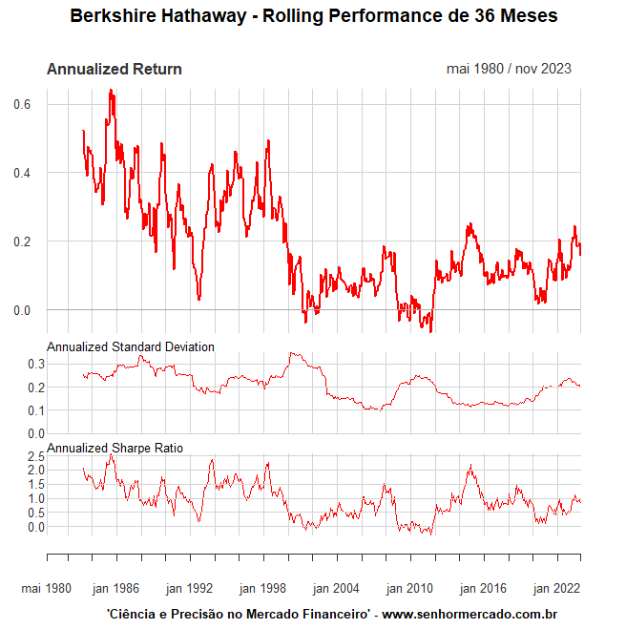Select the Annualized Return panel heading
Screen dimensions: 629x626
click(x=114, y=69)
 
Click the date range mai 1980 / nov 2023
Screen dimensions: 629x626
click(x=509, y=69)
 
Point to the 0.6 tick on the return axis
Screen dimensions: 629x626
click(x=22, y=104)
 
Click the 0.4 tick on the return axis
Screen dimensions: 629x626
click(x=22, y=173)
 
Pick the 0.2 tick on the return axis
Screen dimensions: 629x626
click(x=22, y=241)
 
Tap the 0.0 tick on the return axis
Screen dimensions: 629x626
click(x=22, y=310)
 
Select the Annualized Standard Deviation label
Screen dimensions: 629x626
click(x=130, y=346)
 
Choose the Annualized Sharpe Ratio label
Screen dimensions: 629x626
click(x=115, y=448)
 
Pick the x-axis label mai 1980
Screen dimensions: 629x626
click(x=46, y=588)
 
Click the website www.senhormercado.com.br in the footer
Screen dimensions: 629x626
click(x=469, y=615)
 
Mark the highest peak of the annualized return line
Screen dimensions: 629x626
click(x=111, y=91)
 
